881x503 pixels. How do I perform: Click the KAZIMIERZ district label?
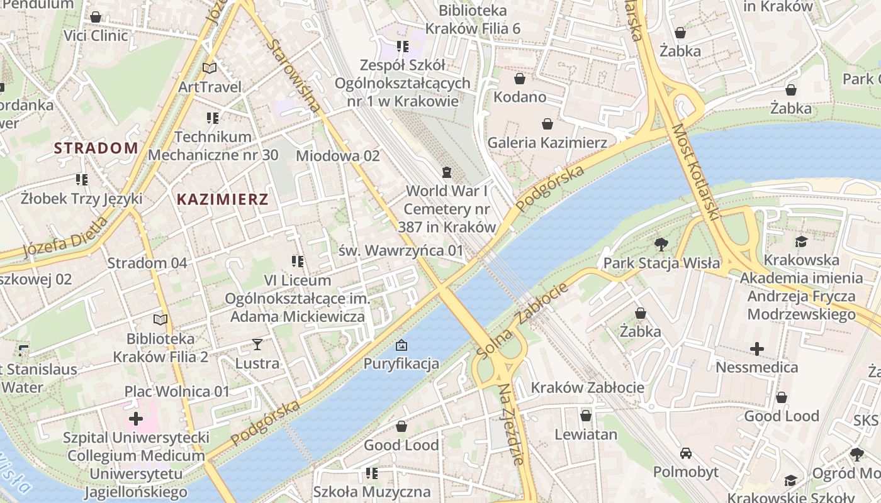click(223, 200)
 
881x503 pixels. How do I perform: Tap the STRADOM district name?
click(96, 148)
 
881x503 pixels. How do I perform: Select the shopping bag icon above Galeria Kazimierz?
click(547, 124)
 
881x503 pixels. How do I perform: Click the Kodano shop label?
click(519, 97)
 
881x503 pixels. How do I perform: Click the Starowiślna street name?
click(294, 77)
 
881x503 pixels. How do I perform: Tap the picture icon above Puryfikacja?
click(401, 345)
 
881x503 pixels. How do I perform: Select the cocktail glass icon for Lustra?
click(257, 344)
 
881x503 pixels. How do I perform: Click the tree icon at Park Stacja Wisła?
click(661, 244)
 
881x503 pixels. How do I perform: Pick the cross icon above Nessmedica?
click(757, 348)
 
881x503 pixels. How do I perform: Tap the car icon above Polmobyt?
click(685, 453)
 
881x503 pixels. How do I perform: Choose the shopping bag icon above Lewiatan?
click(585, 416)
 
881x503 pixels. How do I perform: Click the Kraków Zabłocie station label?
click(588, 387)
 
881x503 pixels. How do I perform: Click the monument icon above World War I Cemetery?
click(447, 172)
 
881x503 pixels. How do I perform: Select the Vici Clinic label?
click(96, 35)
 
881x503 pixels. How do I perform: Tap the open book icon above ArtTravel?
click(210, 68)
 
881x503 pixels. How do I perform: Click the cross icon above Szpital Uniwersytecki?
click(136, 418)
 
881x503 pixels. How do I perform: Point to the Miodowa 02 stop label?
click(338, 155)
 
